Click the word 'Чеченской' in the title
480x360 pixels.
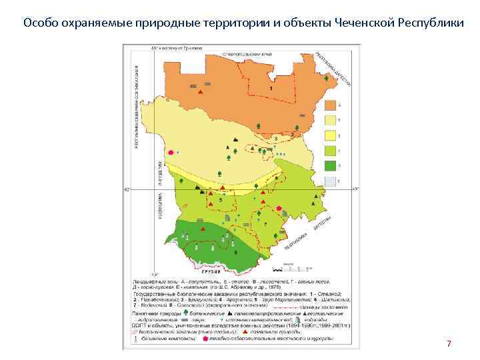coord(363,23)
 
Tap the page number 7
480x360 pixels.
coord(449,343)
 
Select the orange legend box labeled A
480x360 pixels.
coord(329,105)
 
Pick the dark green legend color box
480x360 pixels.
coord(329,165)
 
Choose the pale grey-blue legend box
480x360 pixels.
coord(329,181)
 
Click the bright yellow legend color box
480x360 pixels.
coord(329,135)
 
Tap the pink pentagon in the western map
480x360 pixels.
coord(171,153)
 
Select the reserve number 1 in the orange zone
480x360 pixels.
coord(271,88)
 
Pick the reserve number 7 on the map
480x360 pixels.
coord(265,224)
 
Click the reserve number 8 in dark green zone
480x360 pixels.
coord(236,252)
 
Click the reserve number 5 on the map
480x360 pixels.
coord(221,199)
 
